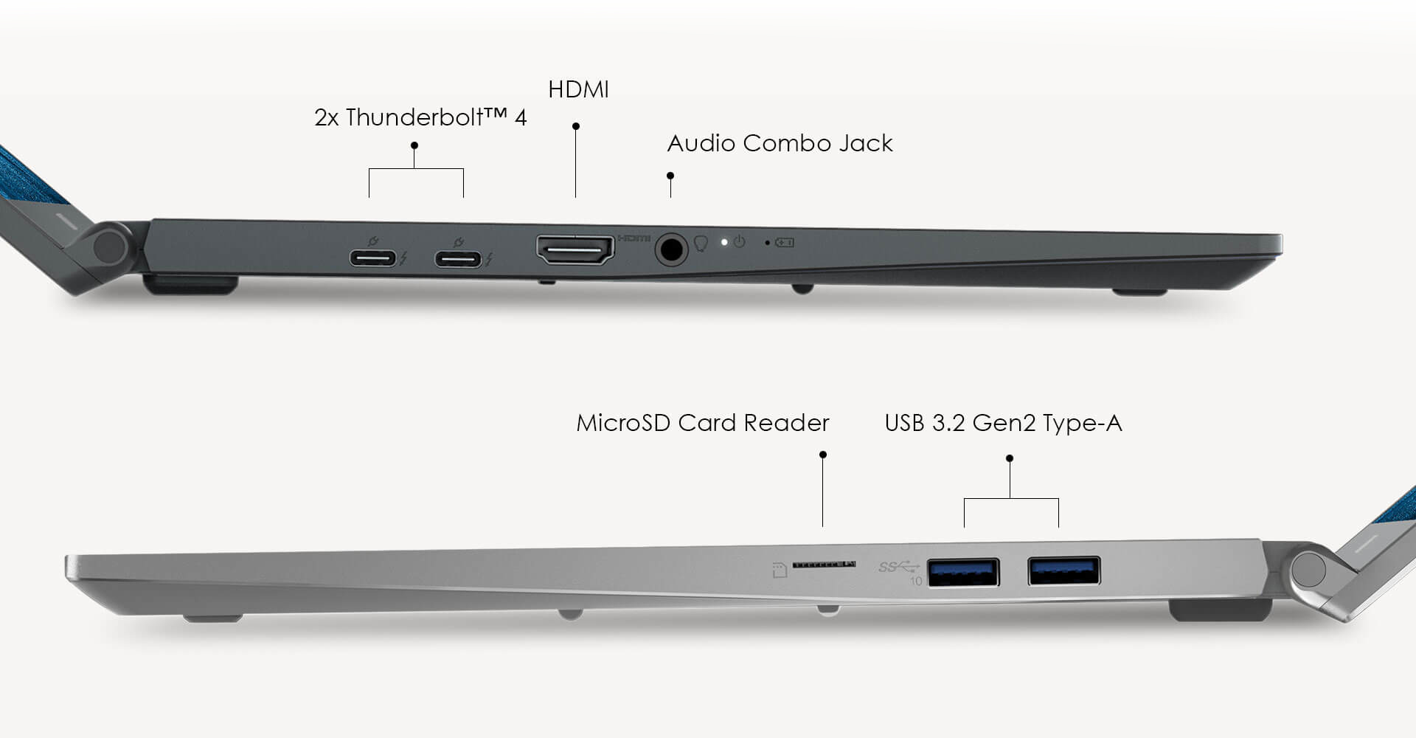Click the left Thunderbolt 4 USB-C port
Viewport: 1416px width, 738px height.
[x=372, y=259]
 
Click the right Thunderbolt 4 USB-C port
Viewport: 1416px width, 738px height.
[x=458, y=260]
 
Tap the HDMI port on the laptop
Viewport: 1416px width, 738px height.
[x=575, y=250]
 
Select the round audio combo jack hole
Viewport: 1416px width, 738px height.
[x=670, y=249]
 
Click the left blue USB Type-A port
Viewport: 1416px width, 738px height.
[x=963, y=573]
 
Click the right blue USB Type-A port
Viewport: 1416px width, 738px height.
[x=1063, y=571]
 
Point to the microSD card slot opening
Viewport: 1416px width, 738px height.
[x=823, y=565]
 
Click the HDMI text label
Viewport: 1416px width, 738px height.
[x=578, y=90]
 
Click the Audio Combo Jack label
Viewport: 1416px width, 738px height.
[x=780, y=143]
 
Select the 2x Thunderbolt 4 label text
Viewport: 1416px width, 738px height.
[x=420, y=117]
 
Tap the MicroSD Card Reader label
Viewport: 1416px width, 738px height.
[x=702, y=423]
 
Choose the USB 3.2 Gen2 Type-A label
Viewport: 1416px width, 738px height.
[x=1003, y=423]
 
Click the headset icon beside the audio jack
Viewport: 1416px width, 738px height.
[x=701, y=244]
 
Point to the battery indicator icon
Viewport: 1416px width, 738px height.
[x=785, y=242]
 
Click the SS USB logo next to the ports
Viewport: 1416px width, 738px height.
[x=898, y=567]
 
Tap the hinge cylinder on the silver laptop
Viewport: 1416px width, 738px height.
[x=1308, y=570]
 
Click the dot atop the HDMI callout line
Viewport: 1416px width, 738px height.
[x=576, y=126]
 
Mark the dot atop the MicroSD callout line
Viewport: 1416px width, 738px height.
[x=823, y=455]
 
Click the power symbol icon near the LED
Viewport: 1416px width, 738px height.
[x=740, y=241]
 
